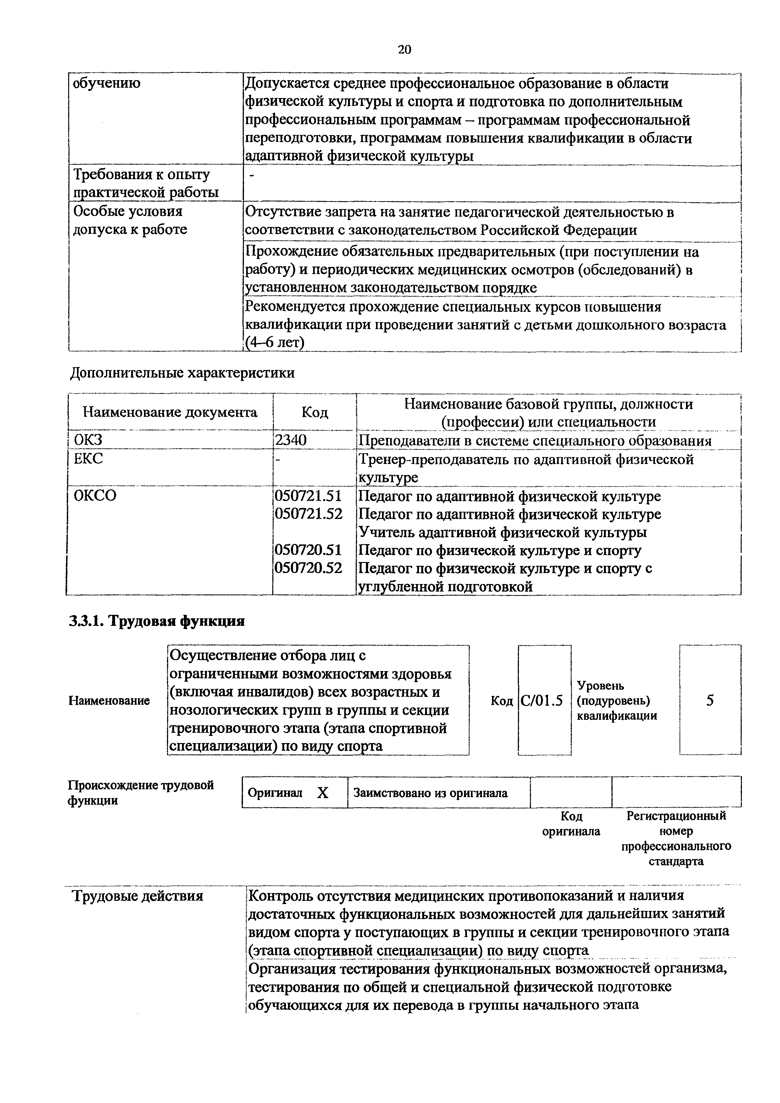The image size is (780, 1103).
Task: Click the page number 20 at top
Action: pyautogui.click(x=404, y=49)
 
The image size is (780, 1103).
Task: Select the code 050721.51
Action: pyautogui.click(x=307, y=496)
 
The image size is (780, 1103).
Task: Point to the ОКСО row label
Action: pyautogui.click(x=95, y=495)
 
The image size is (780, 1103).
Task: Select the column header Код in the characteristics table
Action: pyautogui.click(x=314, y=412)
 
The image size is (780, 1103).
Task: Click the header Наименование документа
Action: pyautogui.click(x=170, y=412)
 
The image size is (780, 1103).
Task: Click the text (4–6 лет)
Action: pyautogui.click(x=275, y=343)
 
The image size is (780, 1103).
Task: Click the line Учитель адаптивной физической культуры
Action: pyautogui.click(x=503, y=532)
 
